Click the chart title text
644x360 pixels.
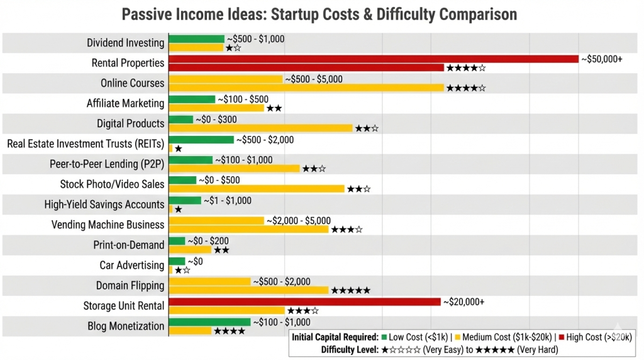point(319,14)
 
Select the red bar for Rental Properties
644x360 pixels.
point(374,59)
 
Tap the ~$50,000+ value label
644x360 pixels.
point(601,59)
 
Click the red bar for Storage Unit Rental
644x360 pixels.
point(304,302)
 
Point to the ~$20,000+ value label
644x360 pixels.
point(464,302)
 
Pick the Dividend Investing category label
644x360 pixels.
point(126,43)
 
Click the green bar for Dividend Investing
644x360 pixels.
point(196,39)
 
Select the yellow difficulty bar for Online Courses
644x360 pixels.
point(306,88)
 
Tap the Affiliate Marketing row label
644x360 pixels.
point(125,104)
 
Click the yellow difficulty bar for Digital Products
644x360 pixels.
point(260,128)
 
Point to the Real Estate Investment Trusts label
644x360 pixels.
point(86,144)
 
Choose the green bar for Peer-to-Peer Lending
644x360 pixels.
point(191,160)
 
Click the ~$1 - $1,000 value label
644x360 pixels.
point(227,201)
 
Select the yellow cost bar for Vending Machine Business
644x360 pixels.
point(216,221)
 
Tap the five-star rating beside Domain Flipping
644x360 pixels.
point(350,291)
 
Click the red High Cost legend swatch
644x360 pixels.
point(560,337)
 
